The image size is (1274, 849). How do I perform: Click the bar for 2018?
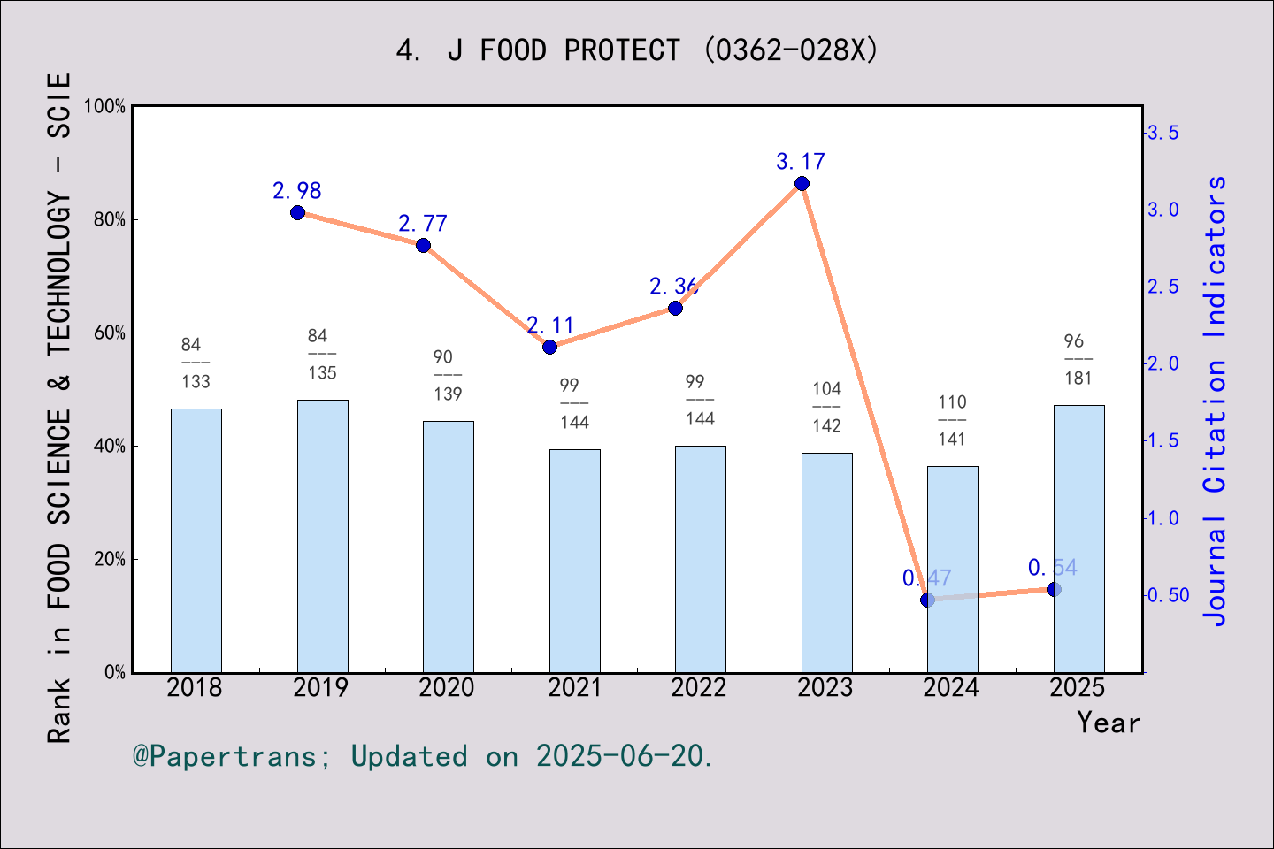click(x=196, y=540)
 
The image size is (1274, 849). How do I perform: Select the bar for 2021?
click(x=574, y=561)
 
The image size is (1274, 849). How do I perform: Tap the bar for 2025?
click(x=1078, y=539)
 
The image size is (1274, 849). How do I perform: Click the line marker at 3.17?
click(x=802, y=183)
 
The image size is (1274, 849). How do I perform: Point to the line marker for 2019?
click(x=297, y=212)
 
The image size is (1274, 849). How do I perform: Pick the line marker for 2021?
click(x=549, y=347)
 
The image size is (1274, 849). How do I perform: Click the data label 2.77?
click(x=423, y=224)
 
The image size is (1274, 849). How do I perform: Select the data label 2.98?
click(x=297, y=191)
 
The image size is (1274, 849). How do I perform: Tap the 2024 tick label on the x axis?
click(x=951, y=688)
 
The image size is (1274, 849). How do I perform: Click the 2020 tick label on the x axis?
click(x=447, y=688)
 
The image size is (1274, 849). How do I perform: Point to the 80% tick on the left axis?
click(x=110, y=219)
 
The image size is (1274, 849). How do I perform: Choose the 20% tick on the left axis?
click(x=110, y=559)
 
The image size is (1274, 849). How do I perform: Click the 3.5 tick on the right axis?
click(x=1163, y=133)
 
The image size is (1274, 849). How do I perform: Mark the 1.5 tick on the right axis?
click(x=1163, y=440)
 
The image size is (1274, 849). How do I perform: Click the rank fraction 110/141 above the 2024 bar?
click(x=952, y=420)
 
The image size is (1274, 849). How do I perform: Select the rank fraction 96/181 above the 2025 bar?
click(x=1078, y=359)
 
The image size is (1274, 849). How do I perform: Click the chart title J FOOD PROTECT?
click(x=637, y=50)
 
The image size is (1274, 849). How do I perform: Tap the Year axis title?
click(x=1109, y=723)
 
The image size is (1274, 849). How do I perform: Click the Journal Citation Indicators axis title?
click(x=1216, y=400)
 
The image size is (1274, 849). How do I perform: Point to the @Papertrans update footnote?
click(x=423, y=756)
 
